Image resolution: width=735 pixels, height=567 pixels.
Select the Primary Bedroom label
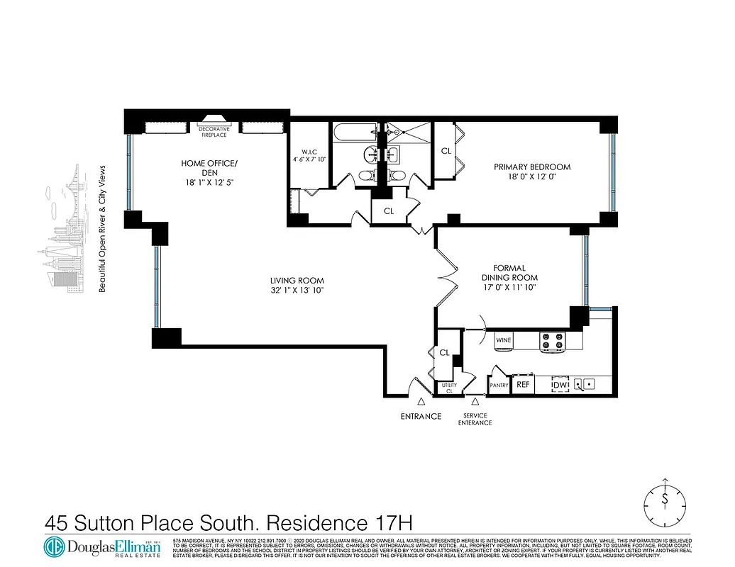532,167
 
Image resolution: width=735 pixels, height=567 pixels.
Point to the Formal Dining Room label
509,273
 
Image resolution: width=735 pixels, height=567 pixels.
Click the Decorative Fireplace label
214,132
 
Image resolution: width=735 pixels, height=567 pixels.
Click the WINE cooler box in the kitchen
504,341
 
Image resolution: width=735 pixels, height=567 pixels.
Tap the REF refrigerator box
523,384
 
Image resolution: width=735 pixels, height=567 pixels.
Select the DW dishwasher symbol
560,384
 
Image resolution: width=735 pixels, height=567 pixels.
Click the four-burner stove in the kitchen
552,342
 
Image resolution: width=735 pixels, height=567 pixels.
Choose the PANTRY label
499,386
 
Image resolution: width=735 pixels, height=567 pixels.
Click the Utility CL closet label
448,388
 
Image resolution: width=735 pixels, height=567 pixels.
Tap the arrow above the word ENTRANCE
421,403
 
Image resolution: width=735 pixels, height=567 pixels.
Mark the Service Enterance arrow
475,403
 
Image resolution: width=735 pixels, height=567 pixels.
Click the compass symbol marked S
665,500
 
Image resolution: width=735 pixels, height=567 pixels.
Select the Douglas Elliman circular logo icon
54,548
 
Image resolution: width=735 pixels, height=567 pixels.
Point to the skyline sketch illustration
67,234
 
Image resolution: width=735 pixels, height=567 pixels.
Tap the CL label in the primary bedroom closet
446,151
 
